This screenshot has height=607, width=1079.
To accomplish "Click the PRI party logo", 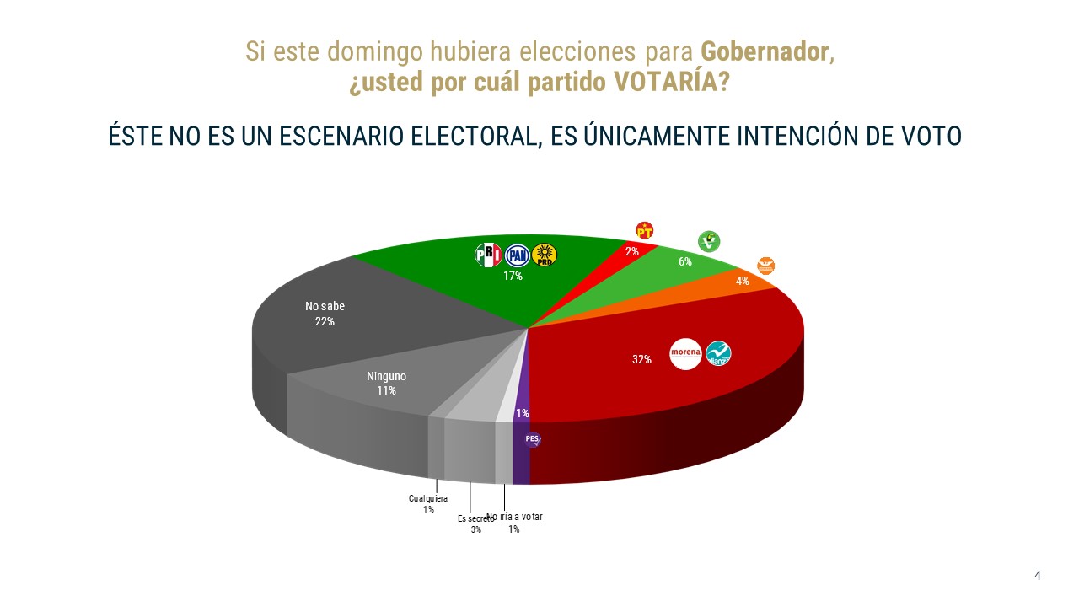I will tap(489, 255).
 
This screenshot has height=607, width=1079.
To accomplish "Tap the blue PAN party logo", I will tap(517, 255).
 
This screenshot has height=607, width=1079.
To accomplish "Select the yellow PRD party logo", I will tap(545, 255).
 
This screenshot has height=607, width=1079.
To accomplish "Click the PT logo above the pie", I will tap(645, 230).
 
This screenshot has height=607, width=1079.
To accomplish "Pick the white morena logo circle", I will tap(685, 354).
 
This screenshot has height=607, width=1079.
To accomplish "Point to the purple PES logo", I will tap(532, 438).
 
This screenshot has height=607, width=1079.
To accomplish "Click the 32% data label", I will tap(641, 360).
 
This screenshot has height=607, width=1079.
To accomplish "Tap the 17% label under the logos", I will tap(513, 276).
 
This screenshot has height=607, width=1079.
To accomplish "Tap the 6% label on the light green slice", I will tap(685, 262).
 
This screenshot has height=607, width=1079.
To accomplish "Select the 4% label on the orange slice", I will tap(743, 282).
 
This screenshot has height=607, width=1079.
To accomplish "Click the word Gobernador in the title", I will tap(765, 51).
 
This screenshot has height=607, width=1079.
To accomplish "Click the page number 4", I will tap(1038, 576).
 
